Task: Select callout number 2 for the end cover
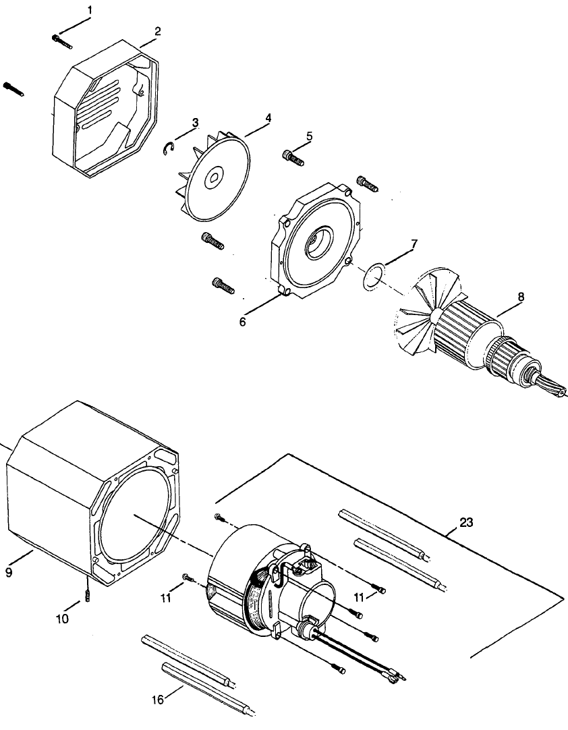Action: coord(157,31)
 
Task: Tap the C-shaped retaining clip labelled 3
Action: coord(169,148)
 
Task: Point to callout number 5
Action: coord(308,136)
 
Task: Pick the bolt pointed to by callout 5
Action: coord(293,157)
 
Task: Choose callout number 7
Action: coord(414,243)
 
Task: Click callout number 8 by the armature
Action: coord(520,296)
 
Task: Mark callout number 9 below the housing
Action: coord(9,572)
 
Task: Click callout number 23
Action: coord(466,522)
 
